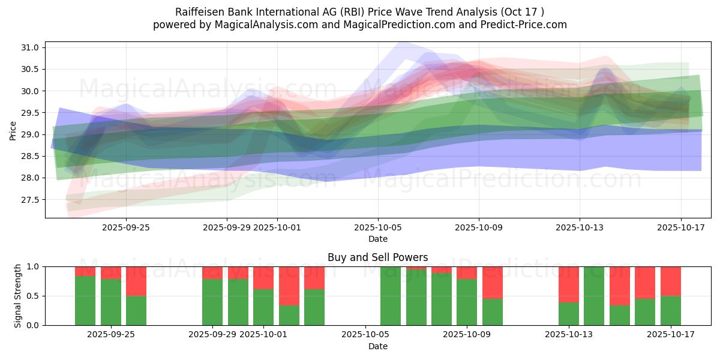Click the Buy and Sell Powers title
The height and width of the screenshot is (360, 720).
pos(377,257)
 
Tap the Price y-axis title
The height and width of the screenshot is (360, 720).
pos(13,130)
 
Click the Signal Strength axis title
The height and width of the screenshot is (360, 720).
pos(18,295)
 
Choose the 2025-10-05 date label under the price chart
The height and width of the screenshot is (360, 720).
pos(378,227)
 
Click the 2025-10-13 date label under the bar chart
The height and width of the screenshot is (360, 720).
pos(568,335)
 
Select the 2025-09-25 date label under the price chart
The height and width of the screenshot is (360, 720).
pos(126,227)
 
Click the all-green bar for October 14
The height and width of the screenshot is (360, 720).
pos(594,296)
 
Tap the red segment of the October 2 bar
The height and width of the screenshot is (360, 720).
pos(289,286)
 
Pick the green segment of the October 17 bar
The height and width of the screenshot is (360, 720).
pos(670,310)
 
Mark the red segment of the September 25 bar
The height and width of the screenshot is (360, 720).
pos(136,281)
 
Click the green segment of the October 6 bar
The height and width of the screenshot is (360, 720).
pos(391,296)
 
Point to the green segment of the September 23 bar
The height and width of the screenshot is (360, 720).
pos(85,301)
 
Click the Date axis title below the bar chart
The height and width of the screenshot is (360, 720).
pos(377,346)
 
